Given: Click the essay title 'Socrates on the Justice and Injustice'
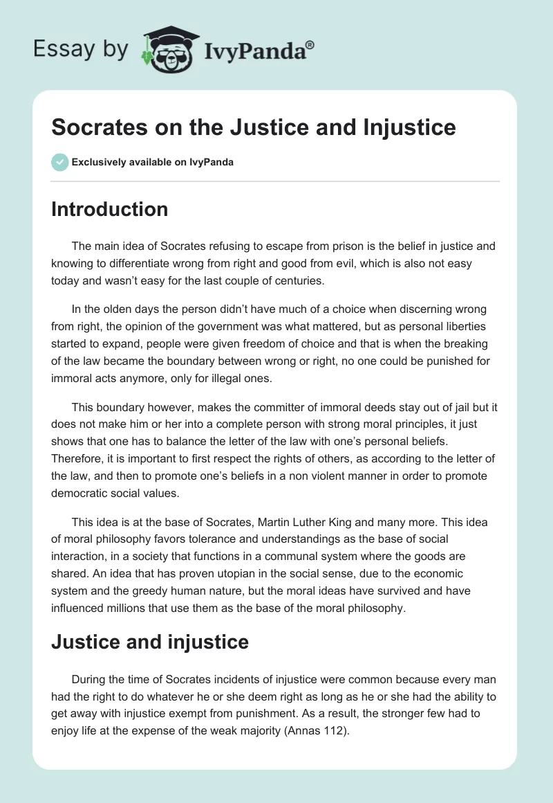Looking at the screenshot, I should pyautogui.click(x=253, y=127).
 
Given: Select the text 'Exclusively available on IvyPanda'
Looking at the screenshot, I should pyautogui.click(x=152, y=163).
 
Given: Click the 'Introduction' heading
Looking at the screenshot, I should pyautogui.click(x=109, y=209).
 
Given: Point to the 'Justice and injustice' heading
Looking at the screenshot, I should pyautogui.click(x=149, y=642).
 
